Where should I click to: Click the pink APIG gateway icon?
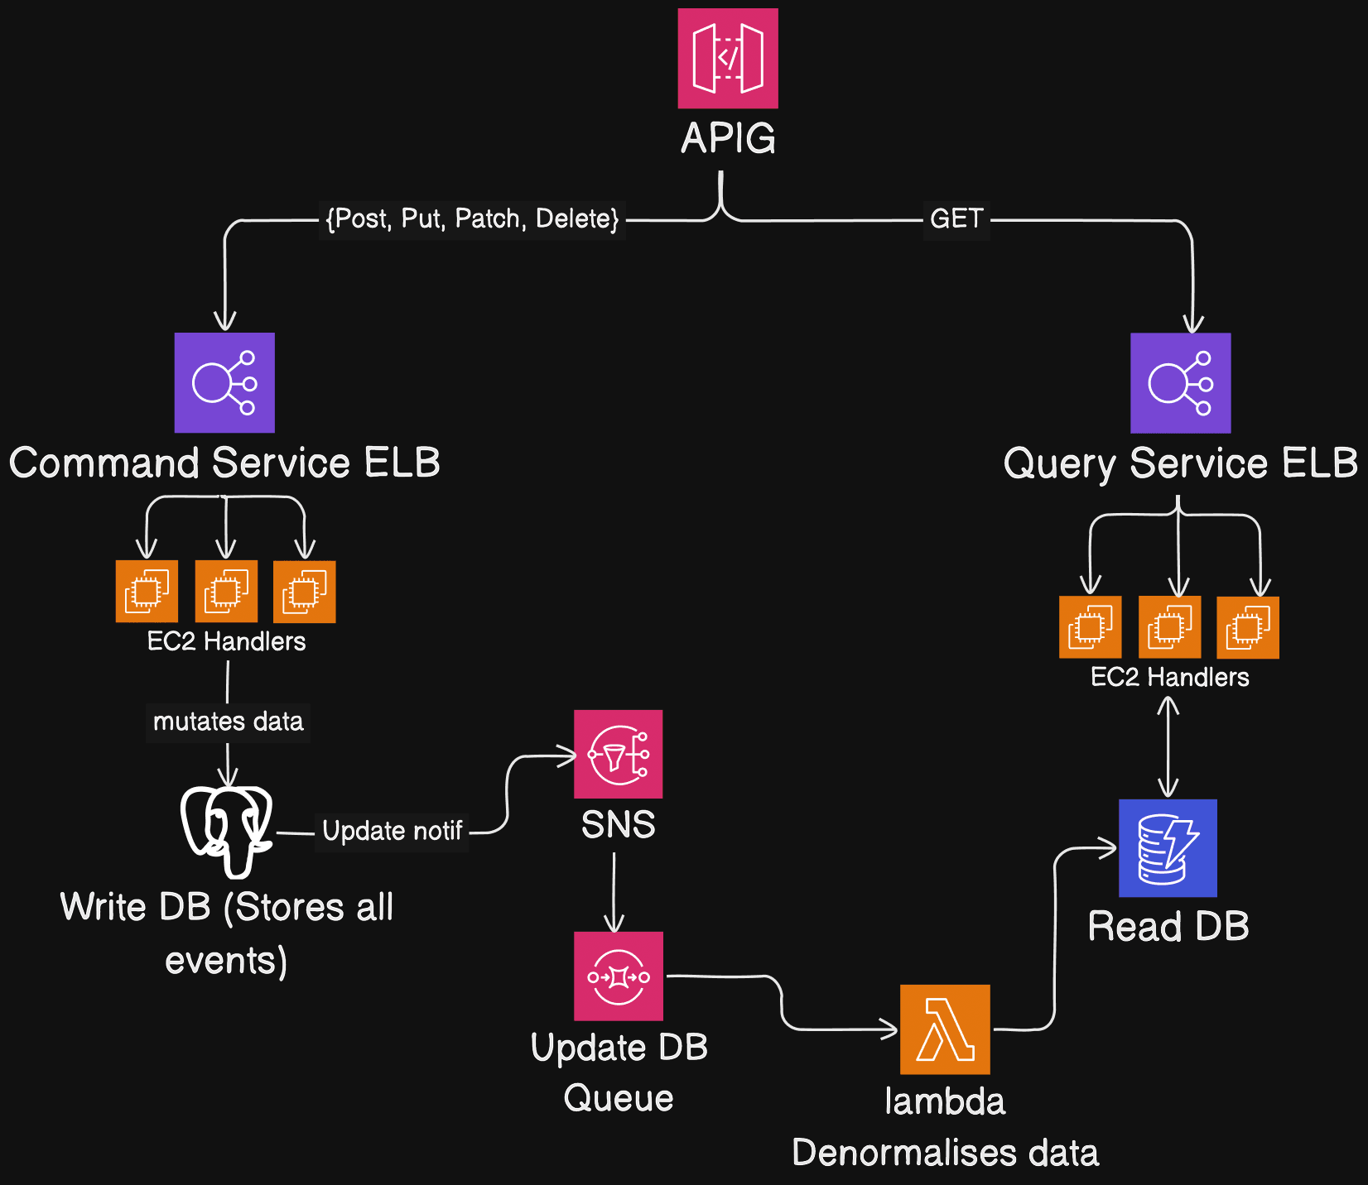coord(727,58)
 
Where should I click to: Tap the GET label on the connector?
coord(956,219)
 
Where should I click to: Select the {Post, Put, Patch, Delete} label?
coord(472,219)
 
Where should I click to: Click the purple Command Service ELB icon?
coord(224,382)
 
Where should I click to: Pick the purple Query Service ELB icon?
coord(1180,382)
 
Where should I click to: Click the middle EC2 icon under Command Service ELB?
coord(226,591)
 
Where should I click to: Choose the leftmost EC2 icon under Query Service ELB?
coord(1090,627)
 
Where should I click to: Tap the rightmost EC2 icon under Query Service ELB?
coord(1247,627)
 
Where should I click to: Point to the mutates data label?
coord(228,722)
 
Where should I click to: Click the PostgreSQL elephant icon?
coord(226,830)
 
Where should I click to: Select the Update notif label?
coord(392,831)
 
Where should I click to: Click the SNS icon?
coord(618,754)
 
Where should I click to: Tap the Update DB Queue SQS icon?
coord(618,976)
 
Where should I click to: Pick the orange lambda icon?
coord(945,1029)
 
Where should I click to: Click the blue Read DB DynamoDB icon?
coord(1168,848)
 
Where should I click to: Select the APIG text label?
coord(728,138)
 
